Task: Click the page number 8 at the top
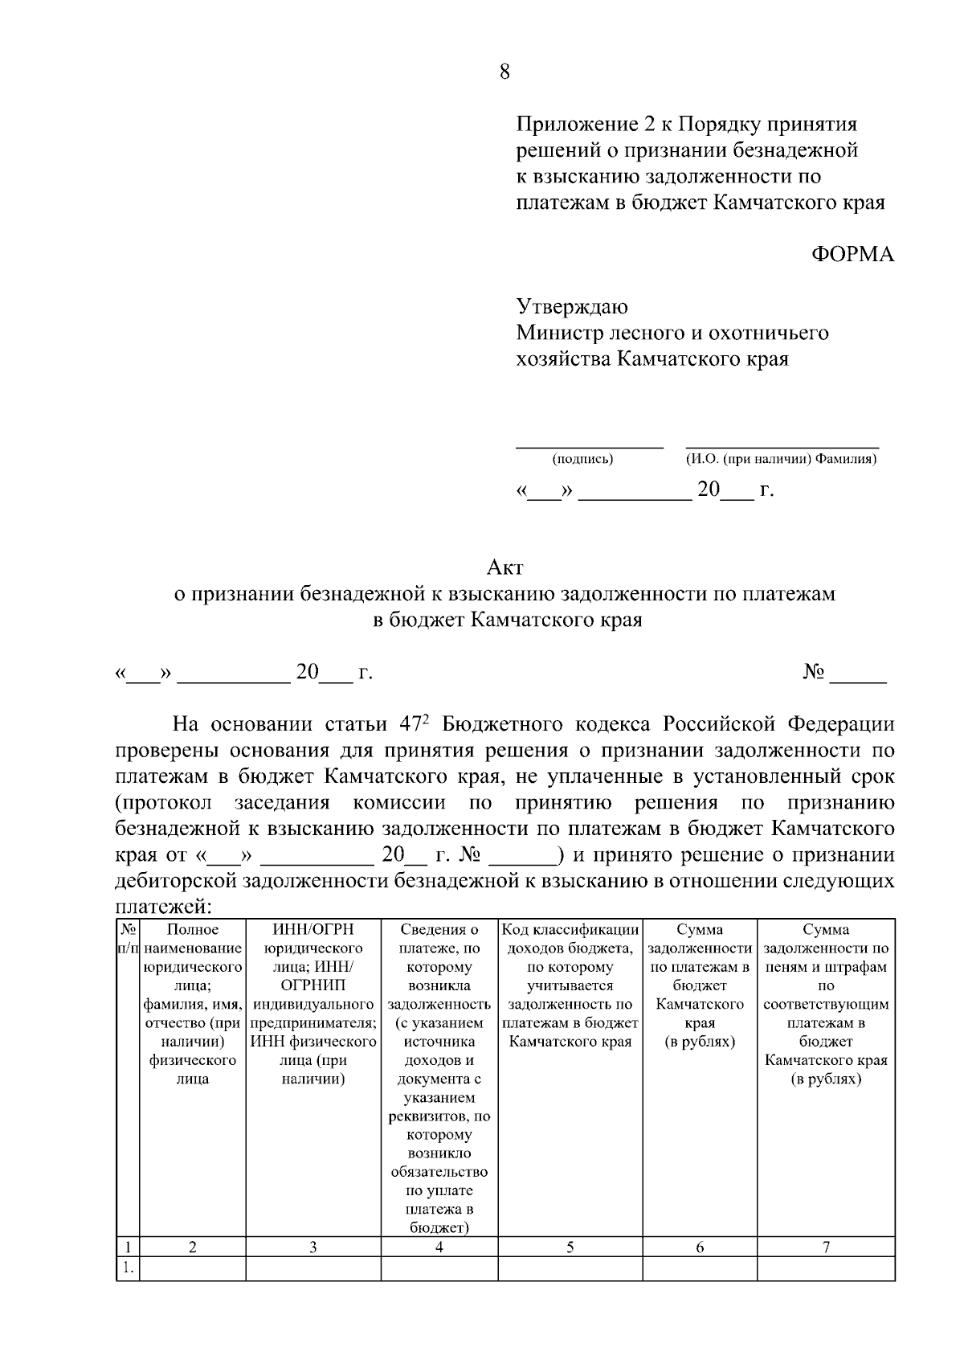(x=504, y=72)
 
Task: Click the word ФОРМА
(x=852, y=255)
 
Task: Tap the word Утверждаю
(x=571, y=306)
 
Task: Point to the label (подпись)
(x=582, y=460)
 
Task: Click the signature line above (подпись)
(x=589, y=444)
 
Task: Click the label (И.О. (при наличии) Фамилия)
(x=780, y=460)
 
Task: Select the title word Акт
(x=504, y=567)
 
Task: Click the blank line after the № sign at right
(x=858, y=681)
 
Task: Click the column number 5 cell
(x=570, y=1247)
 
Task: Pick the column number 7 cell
(x=826, y=1247)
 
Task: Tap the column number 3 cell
(x=312, y=1247)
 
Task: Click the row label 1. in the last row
(x=128, y=1268)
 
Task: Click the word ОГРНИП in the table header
(x=312, y=985)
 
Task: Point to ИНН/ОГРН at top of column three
(x=312, y=930)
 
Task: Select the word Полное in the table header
(x=192, y=930)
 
